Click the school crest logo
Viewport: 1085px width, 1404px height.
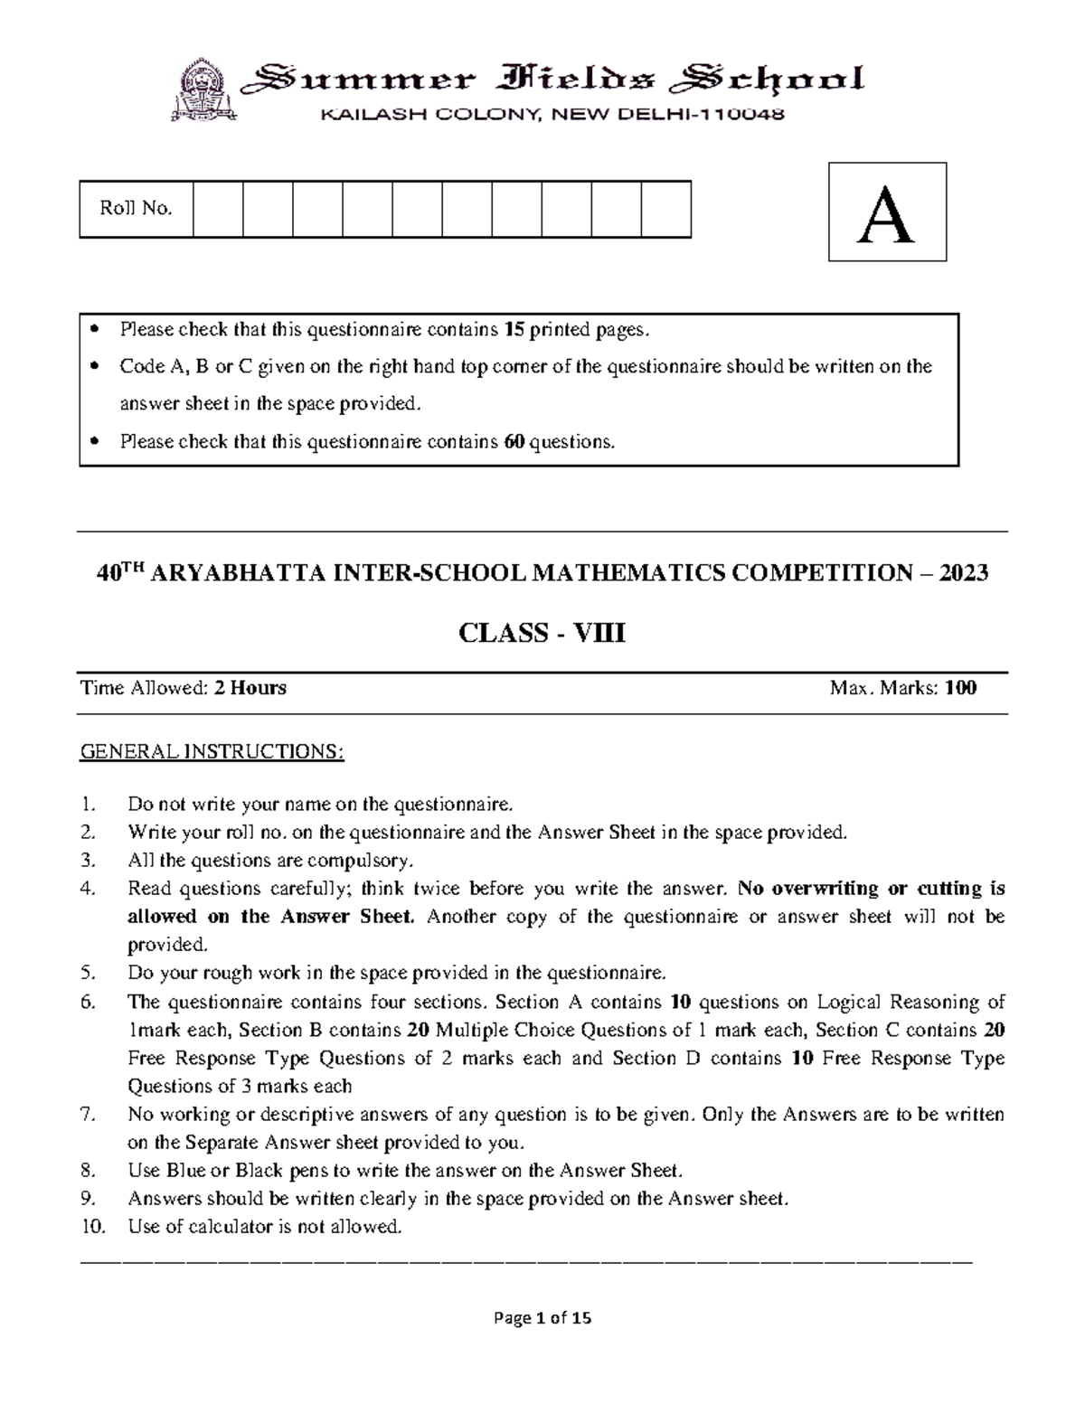coord(205,90)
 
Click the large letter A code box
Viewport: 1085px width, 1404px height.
coord(887,212)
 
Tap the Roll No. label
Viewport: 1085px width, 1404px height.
coord(136,209)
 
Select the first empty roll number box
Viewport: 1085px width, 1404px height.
coord(218,209)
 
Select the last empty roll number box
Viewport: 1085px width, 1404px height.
coord(665,209)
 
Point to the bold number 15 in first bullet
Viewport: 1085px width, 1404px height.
coord(514,330)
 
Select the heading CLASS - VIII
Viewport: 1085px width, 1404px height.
coord(542,634)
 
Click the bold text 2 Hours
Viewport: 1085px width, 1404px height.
coord(250,688)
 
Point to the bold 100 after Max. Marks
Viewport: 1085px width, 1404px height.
coord(960,688)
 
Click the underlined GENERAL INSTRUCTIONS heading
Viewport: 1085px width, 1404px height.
coord(212,752)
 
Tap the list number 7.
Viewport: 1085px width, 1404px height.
coord(88,1115)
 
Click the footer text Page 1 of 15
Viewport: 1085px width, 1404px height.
coord(542,1318)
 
